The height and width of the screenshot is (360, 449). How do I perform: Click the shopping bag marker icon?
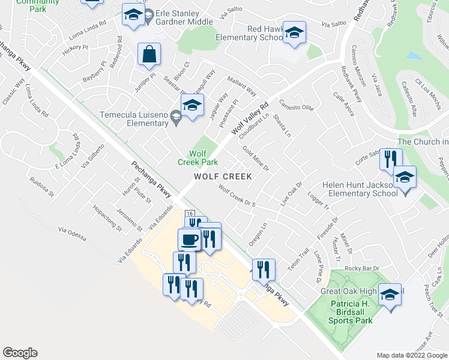(149, 55)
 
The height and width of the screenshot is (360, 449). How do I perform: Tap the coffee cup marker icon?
(190, 240)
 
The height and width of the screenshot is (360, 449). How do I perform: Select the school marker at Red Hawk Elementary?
(295, 34)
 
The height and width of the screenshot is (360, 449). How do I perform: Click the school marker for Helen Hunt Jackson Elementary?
(405, 178)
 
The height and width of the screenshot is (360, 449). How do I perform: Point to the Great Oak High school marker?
(390, 295)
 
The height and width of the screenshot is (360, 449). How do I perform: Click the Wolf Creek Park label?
(197, 157)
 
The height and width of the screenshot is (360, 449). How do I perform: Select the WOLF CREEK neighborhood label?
(223, 177)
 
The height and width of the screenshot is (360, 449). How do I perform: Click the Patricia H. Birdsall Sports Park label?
(351, 312)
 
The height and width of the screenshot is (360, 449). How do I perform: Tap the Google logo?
(20, 353)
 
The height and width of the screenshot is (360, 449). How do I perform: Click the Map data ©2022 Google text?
(411, 355)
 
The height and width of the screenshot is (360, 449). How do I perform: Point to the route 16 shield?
(190, 214)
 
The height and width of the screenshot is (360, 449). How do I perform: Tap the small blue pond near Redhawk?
(413, 56)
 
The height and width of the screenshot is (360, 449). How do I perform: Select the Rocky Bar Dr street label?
(364, 268)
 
